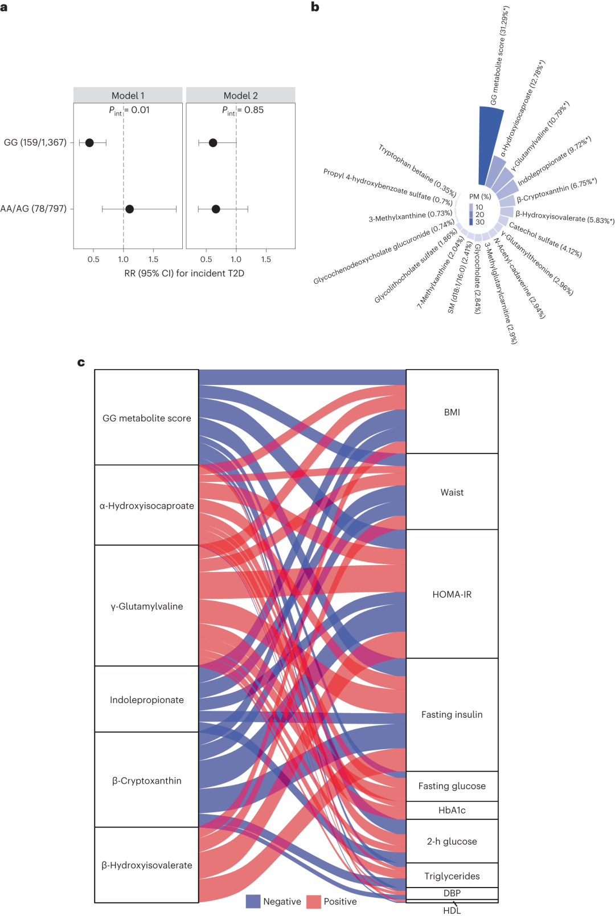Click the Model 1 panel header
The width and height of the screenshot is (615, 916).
click(x=128, y=95)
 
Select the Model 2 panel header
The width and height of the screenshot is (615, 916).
click(x=240, y=95)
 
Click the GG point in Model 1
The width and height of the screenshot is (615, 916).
click(x=89, y=143)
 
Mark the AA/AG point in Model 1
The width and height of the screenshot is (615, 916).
click(x=130, y=209)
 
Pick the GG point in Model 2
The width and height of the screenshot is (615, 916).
click(x=213, y=143)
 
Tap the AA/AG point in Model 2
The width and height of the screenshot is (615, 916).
click(x=216, y=209)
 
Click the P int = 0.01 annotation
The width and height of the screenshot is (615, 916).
click(x=129, y=111)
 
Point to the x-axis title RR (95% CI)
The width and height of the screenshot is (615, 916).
click(x=184, y=273)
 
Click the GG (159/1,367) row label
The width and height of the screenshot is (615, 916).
click(x=35, y=142)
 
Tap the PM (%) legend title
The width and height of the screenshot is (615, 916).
click(x=480, y=197)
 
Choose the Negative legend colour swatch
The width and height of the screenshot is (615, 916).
click(x=253, y=901)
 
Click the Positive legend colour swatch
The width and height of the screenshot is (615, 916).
click(x=314, y=901)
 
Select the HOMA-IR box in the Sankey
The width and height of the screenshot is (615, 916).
click(x=452, y=594)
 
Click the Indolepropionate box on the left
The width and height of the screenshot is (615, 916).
click(x=146, y=700)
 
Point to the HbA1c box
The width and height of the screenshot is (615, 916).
click(x=452, y=810)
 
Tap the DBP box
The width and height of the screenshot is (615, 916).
click(x=452, y=893)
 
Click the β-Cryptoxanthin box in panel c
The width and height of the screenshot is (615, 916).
click(x=146, y=780)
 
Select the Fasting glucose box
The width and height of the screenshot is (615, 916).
click(x=452, y=786)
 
